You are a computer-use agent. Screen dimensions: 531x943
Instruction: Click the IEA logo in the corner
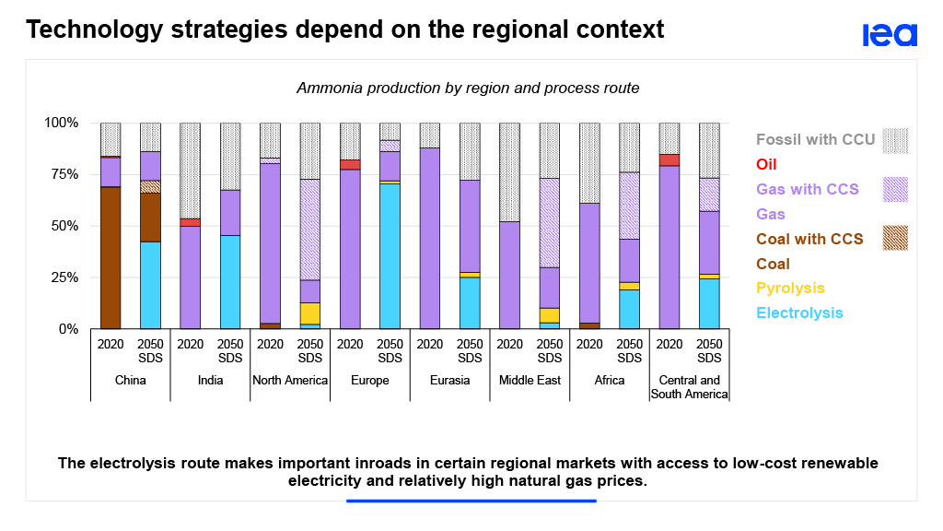point(890,35)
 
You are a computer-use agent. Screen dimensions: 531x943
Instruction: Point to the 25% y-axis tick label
point(63,277)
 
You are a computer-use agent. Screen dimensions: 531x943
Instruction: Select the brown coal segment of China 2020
point(111,258)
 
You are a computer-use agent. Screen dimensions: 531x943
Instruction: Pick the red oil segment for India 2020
point(191,222)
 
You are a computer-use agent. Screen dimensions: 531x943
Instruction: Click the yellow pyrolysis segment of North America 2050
point(310,313)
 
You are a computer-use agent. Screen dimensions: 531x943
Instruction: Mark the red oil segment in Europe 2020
point(350,165)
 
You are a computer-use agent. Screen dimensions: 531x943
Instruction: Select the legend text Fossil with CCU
point(816,140)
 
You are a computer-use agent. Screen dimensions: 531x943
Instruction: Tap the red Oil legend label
point(767,165)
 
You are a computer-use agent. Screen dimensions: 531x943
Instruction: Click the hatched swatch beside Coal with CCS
point(894,238)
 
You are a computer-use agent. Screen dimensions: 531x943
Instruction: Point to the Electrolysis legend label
point(799,313)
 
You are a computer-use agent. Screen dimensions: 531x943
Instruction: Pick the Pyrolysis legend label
point(790,288)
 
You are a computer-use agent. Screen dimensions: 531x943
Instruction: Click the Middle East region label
point(530,380)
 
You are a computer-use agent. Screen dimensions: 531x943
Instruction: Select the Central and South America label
point(689,387)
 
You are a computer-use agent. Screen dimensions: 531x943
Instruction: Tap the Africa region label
point(610,380)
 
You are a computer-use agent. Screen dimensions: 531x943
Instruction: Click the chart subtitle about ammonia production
point(468,88)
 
